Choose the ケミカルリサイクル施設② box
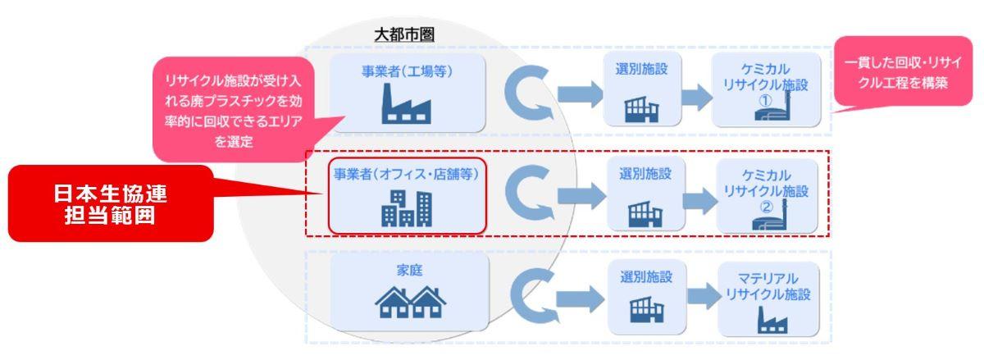(767, 195)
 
